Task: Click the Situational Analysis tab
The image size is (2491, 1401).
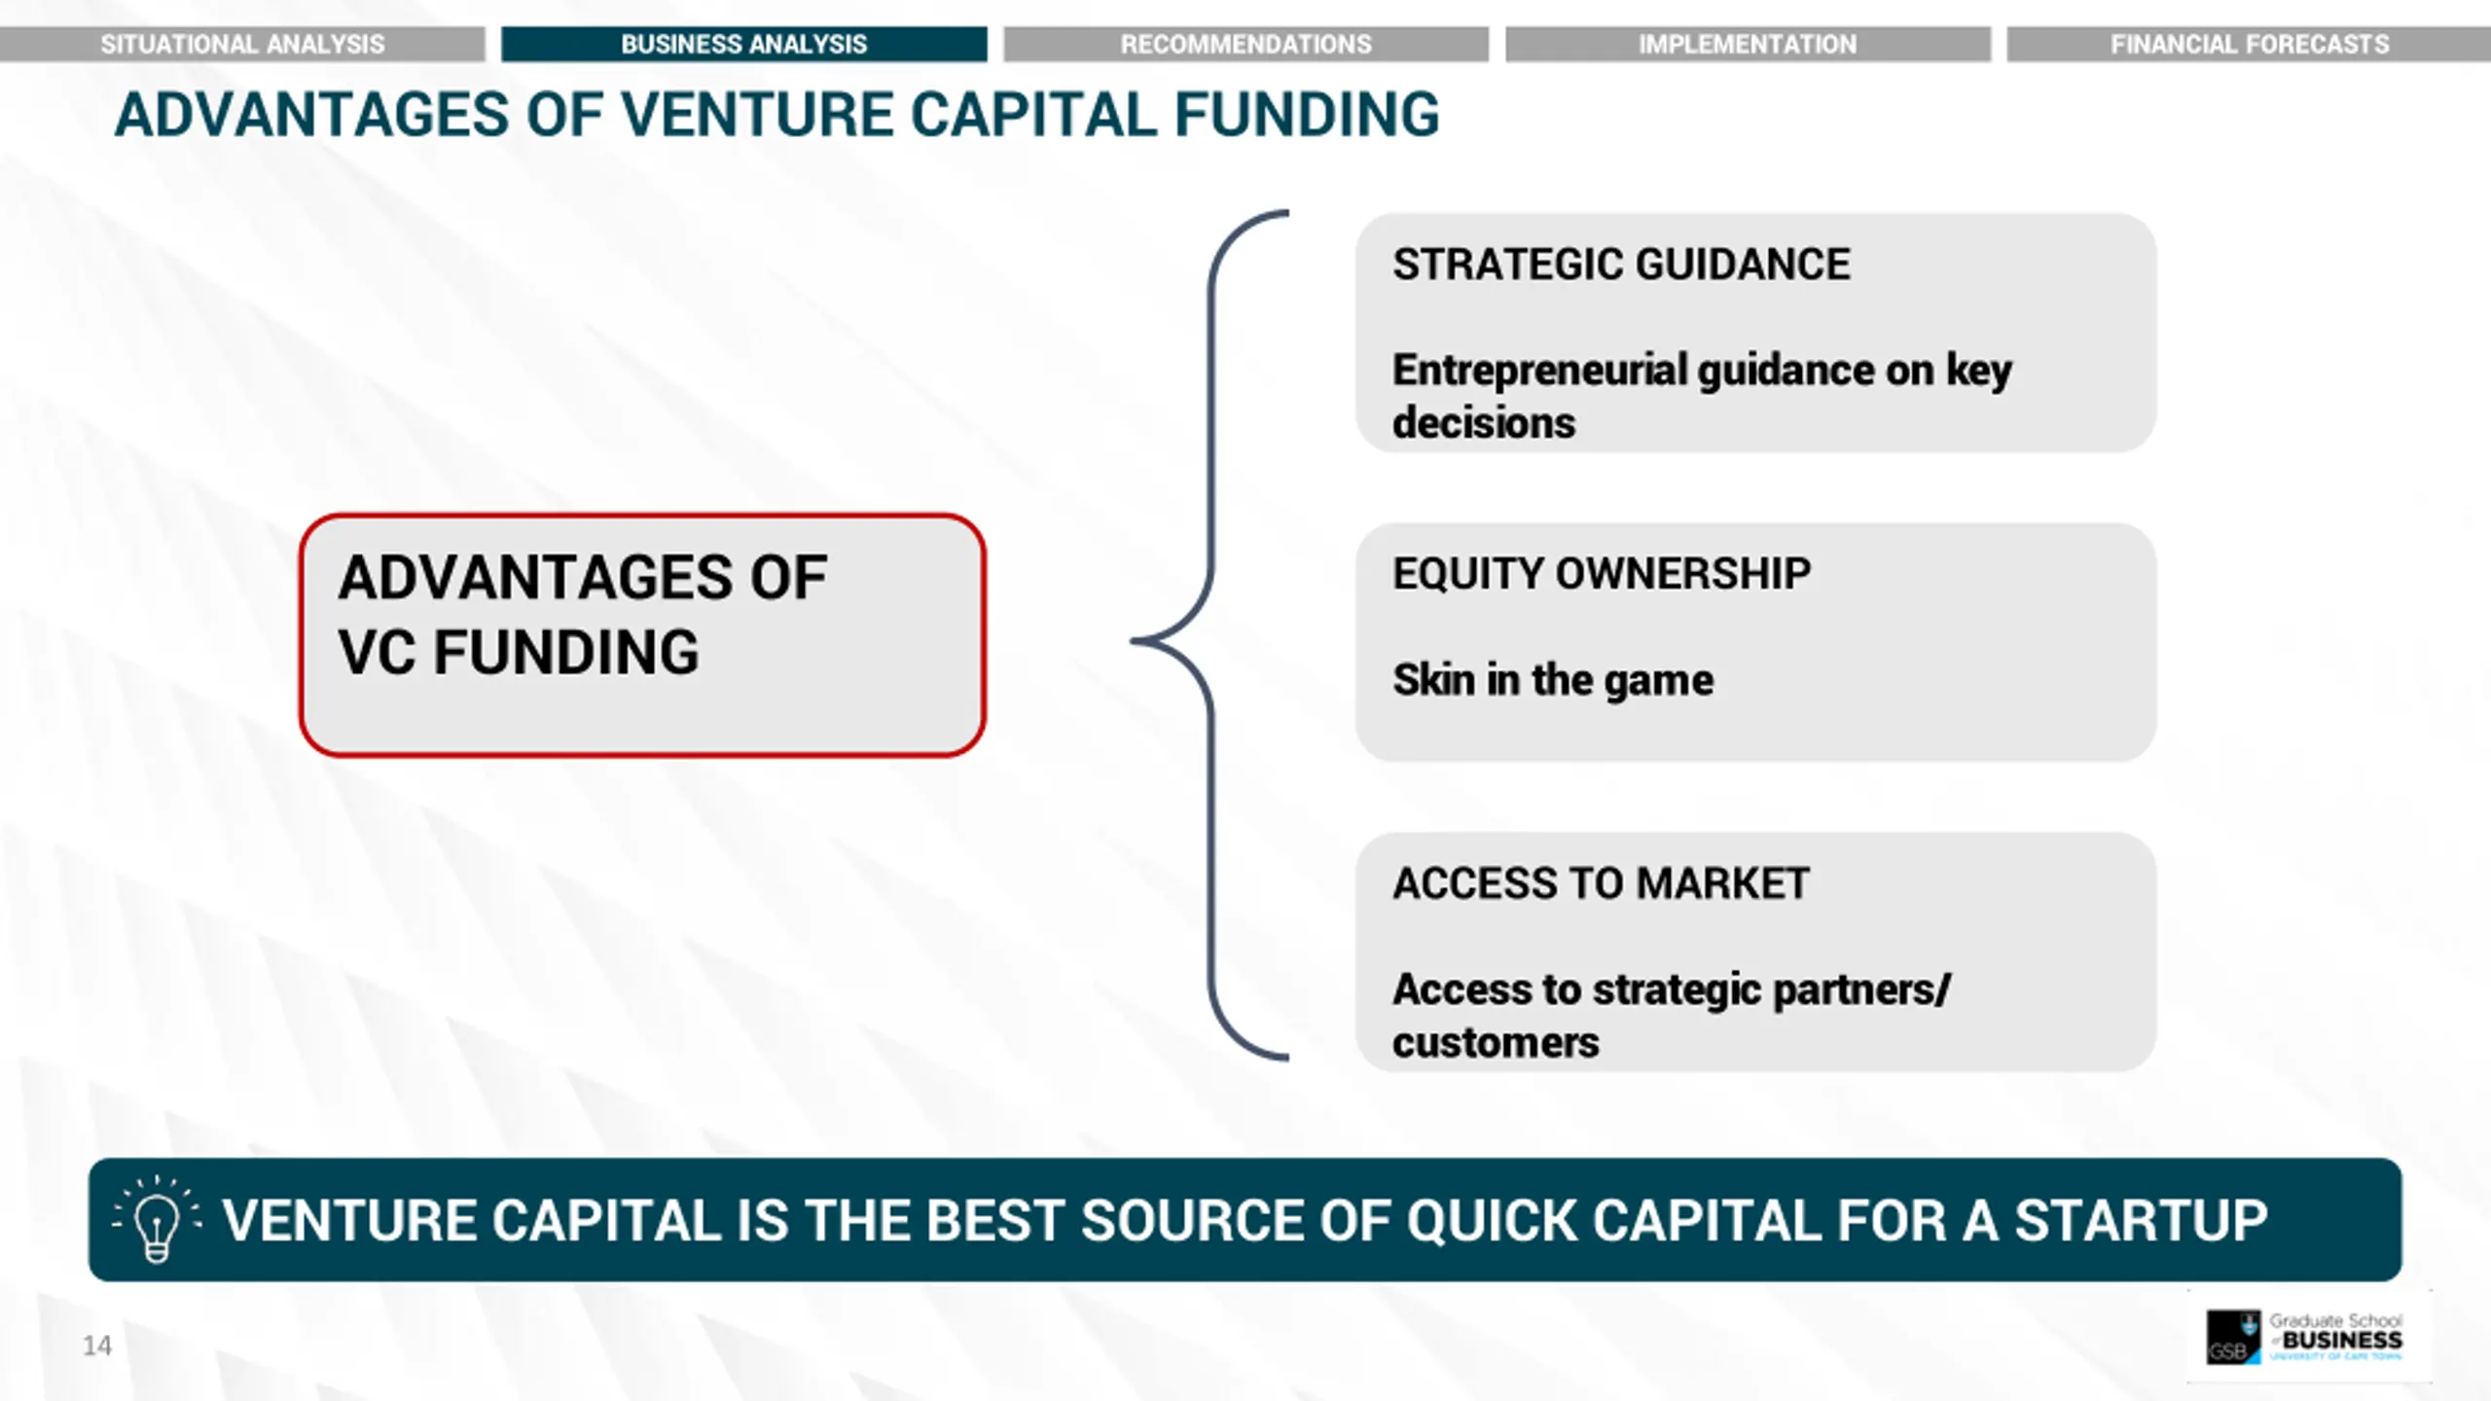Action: click(x=242, y=44)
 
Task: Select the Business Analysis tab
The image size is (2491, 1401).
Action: click(x=744, y=44)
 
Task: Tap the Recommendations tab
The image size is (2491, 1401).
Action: click(x=1246, y=44)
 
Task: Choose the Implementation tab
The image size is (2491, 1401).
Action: click(x=1748, y=44)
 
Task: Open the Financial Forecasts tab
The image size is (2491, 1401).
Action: click(x=2249, y=44)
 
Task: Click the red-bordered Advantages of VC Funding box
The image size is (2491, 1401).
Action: click(x=642, y=634)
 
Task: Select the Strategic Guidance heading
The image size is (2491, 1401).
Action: click(x=1621, y=265)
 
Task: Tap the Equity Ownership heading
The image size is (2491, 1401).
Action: click(x=1602, y=573)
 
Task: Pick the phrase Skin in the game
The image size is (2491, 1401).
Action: click(x=1553, y=679)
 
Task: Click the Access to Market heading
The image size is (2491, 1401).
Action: click(x=1601, y=883)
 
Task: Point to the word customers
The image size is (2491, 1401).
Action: click(x=1496, y=1043)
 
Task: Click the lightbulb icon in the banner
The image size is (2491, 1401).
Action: click(x=156, y=1218)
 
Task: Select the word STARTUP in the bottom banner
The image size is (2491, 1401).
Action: click(x=2141, y=1220)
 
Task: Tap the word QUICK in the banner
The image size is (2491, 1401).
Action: click(x=1491, y=1220)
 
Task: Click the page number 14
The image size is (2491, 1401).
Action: click(x=97, y=1346)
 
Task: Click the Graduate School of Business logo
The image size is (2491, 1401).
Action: click(x=2304, y=1337)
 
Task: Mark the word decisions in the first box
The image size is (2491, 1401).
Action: click(x=1484, y=423)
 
